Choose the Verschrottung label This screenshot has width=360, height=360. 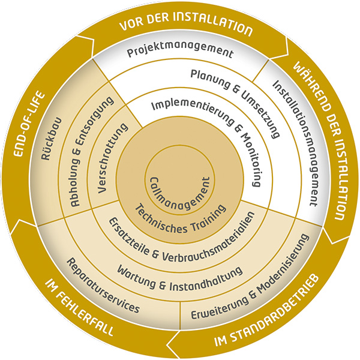tap(113, 158)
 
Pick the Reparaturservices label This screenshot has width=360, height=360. tap(103, 286)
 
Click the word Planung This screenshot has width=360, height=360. tap(210, 79)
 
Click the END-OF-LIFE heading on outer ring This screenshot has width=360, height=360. tap(28, 124)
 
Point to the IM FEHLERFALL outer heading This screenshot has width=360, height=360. tap(79, 308)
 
